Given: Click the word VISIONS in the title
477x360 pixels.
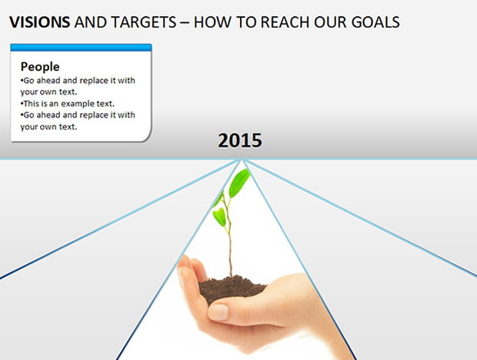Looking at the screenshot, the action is [x=40, y=22].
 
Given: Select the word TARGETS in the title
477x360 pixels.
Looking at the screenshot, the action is [x=143, y=22].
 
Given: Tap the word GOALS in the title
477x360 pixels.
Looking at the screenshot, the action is [x=375, y=22].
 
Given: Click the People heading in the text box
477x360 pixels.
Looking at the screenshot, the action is [x=40, y=67].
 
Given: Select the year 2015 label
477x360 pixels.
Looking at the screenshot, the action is [x=240, y=141].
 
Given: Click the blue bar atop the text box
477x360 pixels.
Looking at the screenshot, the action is [x=81, y=48].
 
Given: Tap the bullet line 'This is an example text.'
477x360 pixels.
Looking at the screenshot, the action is [x=68, y=104].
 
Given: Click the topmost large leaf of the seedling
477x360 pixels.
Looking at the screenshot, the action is [x=239, y=183].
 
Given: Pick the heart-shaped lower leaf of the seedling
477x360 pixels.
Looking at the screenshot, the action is [x=219, y=216].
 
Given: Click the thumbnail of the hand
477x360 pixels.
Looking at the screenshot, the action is [x=218, y=312].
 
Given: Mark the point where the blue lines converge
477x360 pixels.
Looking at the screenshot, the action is [x=242, y=159].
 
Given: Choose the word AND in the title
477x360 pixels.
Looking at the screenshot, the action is [x=90, y=22].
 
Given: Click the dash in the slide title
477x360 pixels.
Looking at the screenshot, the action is [x=185, y=23].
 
